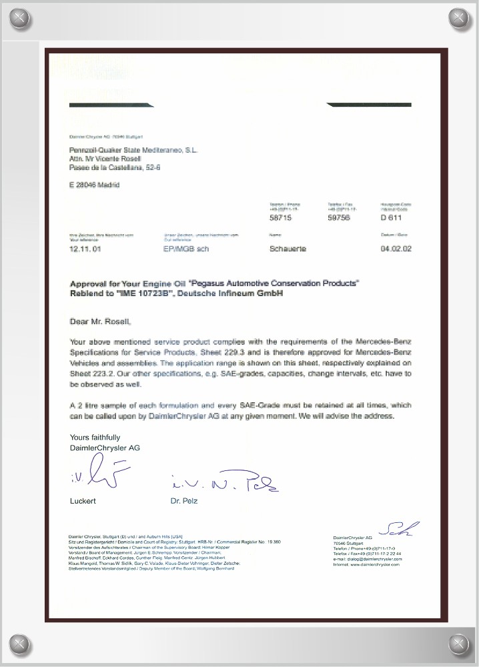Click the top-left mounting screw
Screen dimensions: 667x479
[19, 17]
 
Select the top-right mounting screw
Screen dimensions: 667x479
[460, 17]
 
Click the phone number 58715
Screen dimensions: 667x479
[281, 217]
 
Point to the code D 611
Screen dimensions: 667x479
[391, 217]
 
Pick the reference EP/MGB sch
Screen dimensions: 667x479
[186, 249]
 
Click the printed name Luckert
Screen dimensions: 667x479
[83, 501]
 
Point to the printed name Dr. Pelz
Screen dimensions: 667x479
[184, 501]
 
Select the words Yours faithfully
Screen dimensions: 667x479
[95, 437]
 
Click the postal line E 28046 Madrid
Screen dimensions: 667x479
[94, 185]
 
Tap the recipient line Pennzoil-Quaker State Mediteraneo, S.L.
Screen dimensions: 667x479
[133, 150]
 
